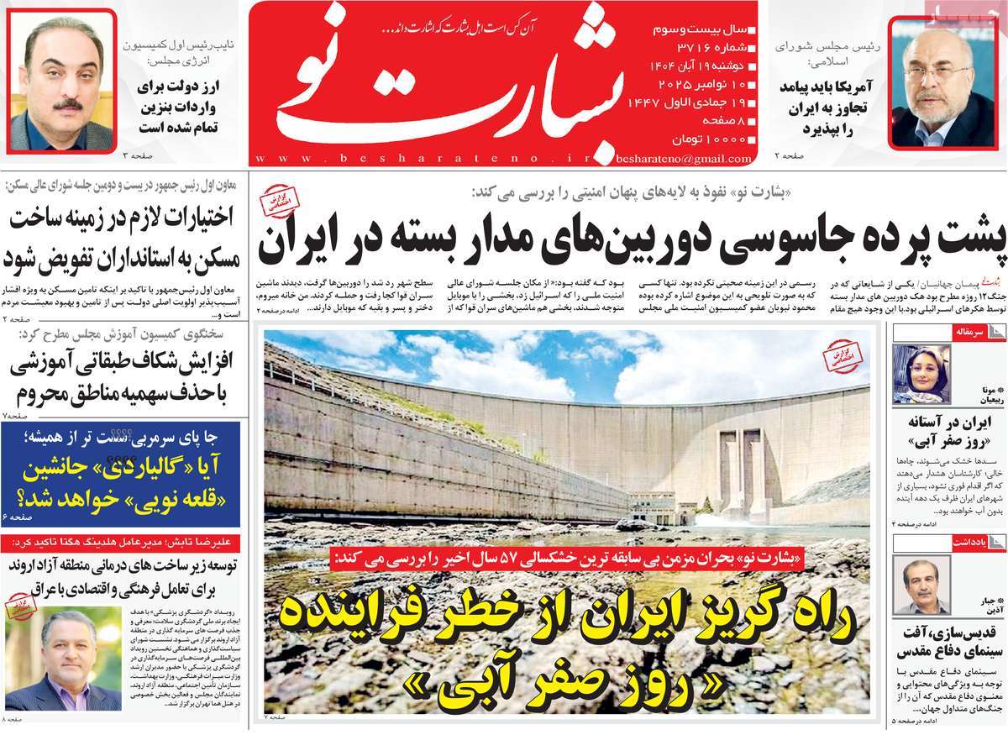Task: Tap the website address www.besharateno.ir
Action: (x=428, y=158)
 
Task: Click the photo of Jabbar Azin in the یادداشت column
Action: (x=921, y=585)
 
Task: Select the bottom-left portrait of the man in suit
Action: (x=63, y=659)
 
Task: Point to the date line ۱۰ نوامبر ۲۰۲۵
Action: (x=697, y=84)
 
